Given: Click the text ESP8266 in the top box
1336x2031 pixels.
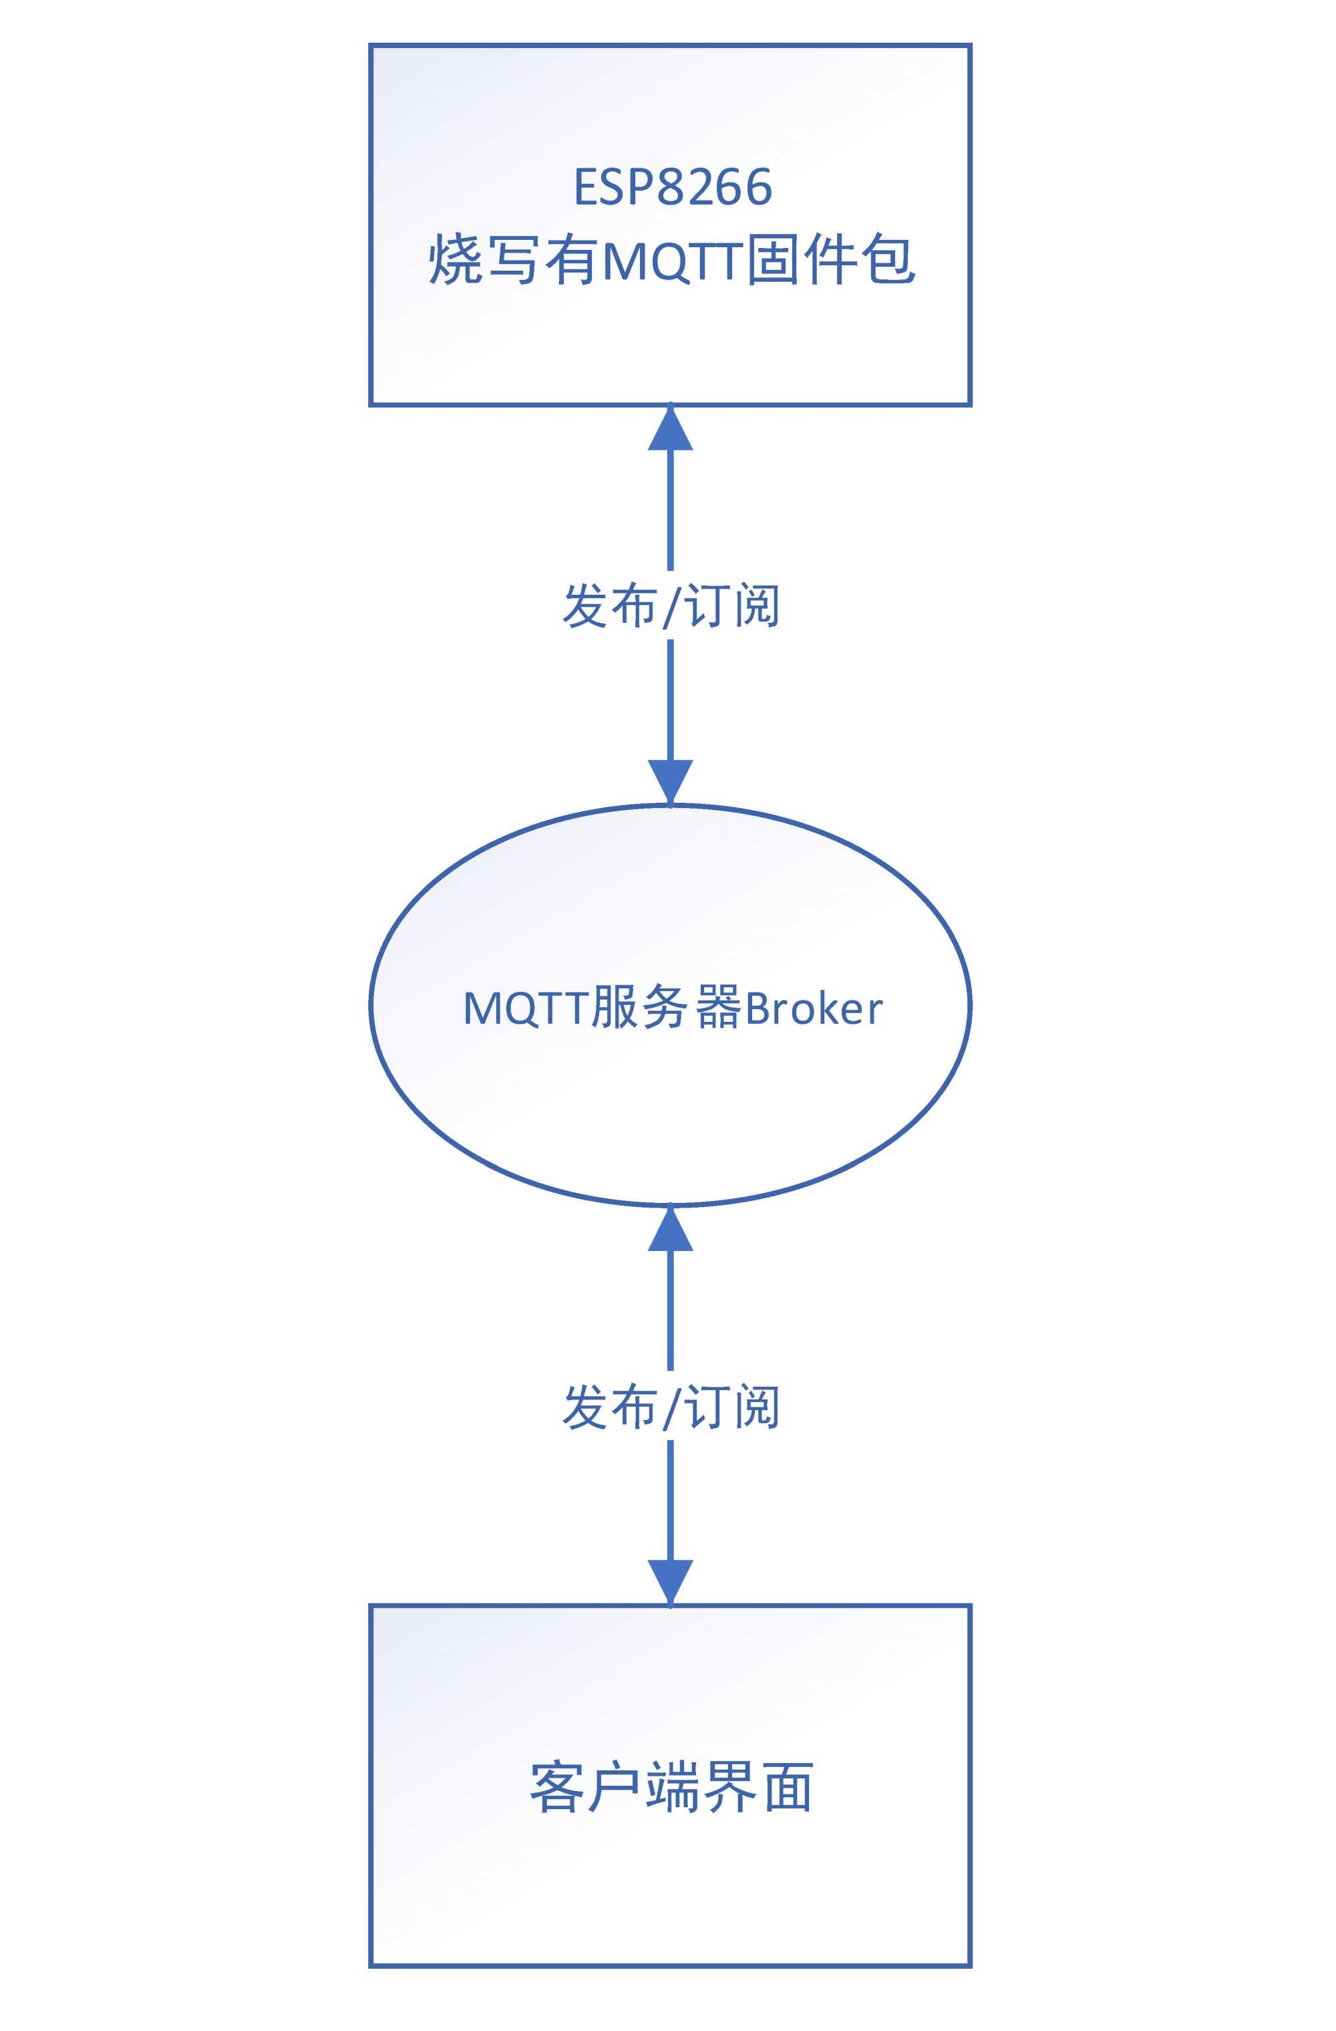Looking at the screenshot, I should [x=672, y=188].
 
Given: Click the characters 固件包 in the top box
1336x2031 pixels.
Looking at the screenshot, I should [x=830, y=259].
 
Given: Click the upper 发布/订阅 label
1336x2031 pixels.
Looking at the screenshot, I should [x=671, y=606].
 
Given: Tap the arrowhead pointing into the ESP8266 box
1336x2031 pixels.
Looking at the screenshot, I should [x=670, y=428].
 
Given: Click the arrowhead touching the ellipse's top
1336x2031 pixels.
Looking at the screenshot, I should [x=670, y=781].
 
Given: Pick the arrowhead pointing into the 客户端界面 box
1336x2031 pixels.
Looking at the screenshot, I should [x=670, y=1581].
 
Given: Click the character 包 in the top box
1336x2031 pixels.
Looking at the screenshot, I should [x=887, y=259].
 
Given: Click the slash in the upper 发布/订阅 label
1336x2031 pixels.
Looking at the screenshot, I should [x=671, y=607].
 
